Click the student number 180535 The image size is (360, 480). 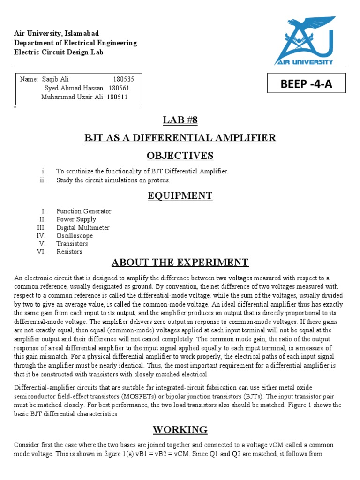click(124, 79)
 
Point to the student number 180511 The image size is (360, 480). click(117, 97)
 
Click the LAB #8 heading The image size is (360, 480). click(180, 120)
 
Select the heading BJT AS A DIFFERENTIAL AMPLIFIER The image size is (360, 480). click(180, 138)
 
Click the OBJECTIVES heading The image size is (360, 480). click(180, 156)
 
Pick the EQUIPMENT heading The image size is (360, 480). click(180, 195)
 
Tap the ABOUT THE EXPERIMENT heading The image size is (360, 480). click(180, 262)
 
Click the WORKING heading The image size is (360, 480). click(180, 429)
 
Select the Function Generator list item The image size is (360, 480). click(84, 211)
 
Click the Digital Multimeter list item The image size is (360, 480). click(83, 228)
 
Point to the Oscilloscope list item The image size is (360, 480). click(75, 236)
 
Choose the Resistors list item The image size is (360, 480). click(69, 252)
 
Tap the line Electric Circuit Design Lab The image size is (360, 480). click(59, 52)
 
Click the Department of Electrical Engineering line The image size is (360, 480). click(75, 43)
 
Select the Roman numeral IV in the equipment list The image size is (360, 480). click(41, 236)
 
